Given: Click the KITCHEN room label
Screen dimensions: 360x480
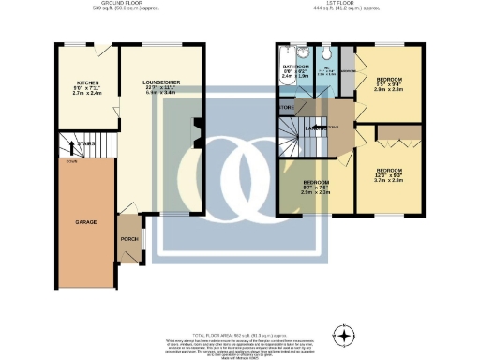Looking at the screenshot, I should pyautogui.click(x=81, y=89).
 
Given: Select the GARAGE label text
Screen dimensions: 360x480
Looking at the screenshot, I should pyautogui.click(x=86, y=223).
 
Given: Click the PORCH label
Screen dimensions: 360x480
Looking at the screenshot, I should pyautogui.click(x=128, y=239).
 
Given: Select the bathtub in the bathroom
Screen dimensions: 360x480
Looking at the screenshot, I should pyautogui.click(x=284, y=73).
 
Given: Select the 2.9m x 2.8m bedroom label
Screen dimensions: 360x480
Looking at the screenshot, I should pyautogui.click(x=390, y=84).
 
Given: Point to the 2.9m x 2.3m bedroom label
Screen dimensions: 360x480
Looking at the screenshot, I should pyautogui.click(x=315, y=187).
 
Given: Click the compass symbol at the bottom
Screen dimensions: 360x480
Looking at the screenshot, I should pyautogui.click(x=346, y=335).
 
